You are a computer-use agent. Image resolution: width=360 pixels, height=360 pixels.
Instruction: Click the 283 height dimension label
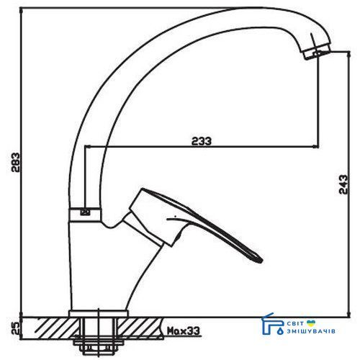16,162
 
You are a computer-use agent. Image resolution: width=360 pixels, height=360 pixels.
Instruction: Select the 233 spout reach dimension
202,141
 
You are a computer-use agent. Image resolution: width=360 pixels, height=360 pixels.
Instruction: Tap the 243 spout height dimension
343,184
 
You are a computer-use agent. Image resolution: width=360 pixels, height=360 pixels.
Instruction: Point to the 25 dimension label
15,328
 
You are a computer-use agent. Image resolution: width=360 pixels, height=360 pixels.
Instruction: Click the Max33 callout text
184,331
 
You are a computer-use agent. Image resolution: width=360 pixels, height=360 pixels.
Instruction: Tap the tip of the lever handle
262,261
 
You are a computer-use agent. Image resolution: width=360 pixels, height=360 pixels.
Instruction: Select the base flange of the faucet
99,313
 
